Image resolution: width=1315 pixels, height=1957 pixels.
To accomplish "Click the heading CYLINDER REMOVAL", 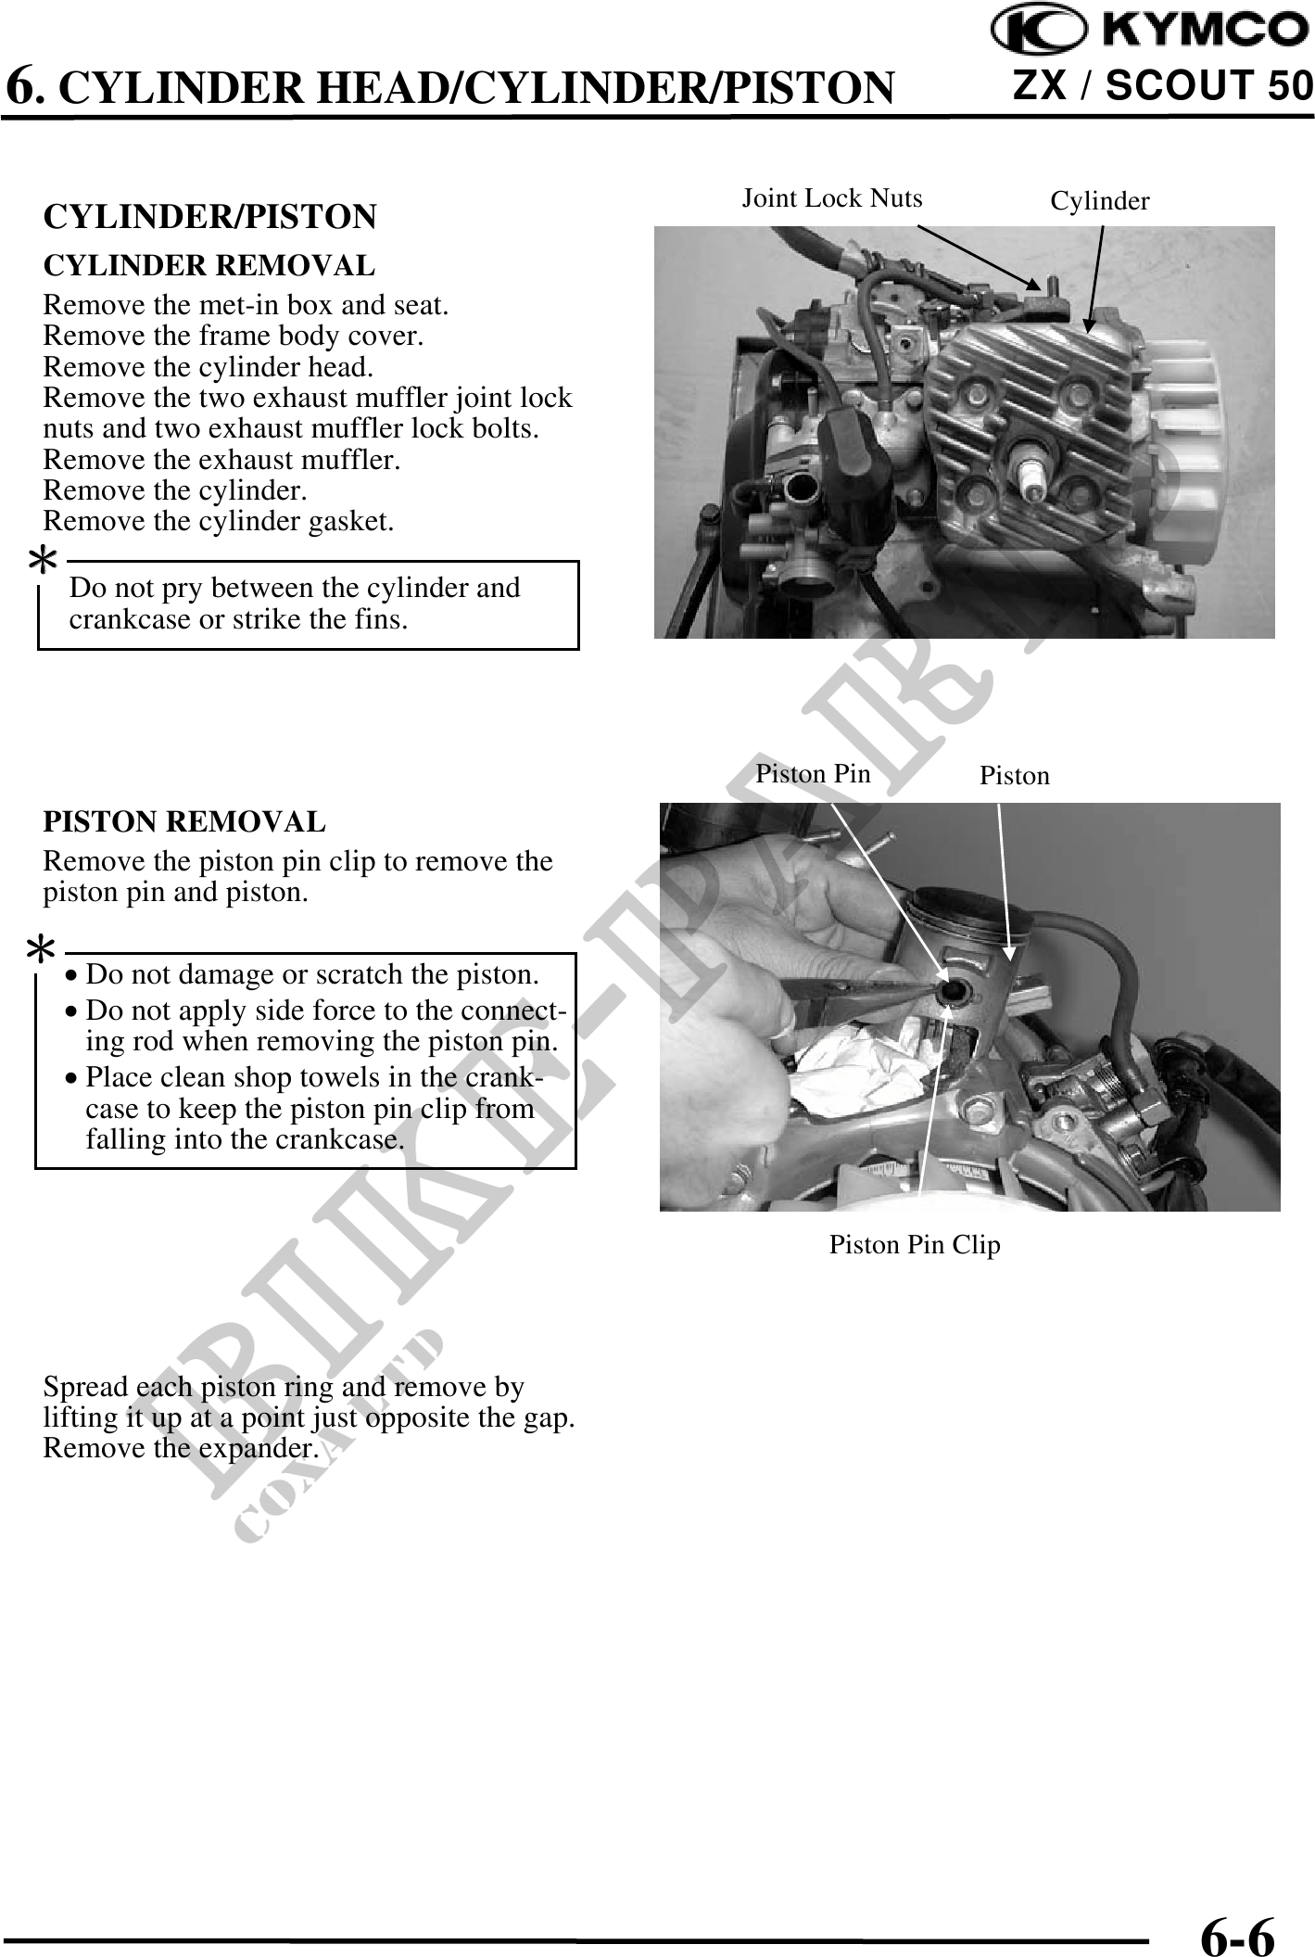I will [209, 266].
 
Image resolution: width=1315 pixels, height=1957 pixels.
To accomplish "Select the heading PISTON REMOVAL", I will [184, 822].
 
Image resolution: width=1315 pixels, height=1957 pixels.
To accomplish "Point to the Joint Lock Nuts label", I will [831, 198].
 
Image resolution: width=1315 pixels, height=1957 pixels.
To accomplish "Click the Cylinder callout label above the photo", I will [1099, 201].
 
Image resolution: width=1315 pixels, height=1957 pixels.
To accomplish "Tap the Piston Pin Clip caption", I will [914, 1245].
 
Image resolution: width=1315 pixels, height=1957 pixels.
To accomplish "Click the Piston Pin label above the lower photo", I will [813, 773].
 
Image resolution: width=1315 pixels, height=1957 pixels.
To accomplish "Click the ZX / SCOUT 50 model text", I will [1163, 86].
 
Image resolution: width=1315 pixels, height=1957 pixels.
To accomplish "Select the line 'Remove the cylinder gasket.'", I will [219, 522].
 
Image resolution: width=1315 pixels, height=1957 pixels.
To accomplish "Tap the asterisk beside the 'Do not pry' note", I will [43, 561].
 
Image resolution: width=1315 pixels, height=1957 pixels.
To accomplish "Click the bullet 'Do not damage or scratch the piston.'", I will [311, 974].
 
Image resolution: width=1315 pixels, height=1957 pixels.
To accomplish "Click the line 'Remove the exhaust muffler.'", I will [221, 460].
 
